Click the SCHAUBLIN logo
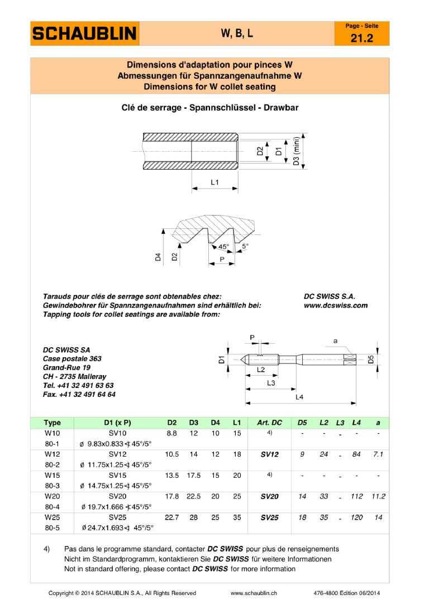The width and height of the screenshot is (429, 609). [84, 33]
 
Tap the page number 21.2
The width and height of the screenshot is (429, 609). [361, 38]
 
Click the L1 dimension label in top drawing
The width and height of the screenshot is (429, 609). [215, 183]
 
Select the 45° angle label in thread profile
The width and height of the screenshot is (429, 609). [223, 246]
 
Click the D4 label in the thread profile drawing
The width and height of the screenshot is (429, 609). [158, 257]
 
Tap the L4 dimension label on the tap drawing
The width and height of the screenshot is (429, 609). [299, 396]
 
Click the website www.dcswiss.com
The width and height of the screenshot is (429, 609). [335, 305]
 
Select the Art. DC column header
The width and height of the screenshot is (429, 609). [269, 423]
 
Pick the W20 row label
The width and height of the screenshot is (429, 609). [52, 496]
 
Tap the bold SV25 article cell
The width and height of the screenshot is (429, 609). [269, 517]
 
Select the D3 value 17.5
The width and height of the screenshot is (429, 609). [194, 475]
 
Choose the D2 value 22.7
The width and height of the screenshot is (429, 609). [172, 517]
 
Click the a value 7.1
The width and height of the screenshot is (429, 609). [378, 454]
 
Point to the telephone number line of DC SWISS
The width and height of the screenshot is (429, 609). [78, 386]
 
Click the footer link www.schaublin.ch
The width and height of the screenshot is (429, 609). [254, 593]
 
